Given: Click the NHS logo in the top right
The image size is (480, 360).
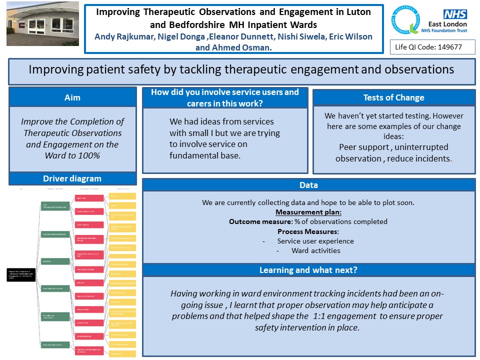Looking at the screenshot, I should pos(455,14).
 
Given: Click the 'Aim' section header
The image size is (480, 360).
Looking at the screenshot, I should pos(72,97).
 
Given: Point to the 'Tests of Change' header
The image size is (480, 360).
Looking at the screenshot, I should pos(393,97).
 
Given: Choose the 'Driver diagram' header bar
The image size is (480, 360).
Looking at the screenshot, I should pos(72,178).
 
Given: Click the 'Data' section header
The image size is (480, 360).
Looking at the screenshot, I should pos(308,185).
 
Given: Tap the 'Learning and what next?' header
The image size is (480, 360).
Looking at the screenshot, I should pos(308,270).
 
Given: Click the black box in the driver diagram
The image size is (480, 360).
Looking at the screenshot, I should pos(21,274).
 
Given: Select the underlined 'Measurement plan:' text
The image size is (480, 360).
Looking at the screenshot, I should pos(308,212).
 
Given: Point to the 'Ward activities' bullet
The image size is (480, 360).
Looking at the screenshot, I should pos(315,250).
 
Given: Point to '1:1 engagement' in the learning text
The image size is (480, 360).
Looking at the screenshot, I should pos(344,316).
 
